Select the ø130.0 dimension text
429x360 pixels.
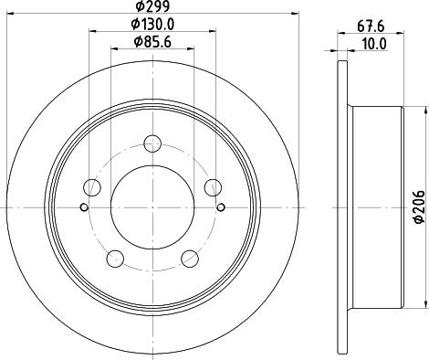[152, 25]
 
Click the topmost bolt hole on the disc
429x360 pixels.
[152, 143]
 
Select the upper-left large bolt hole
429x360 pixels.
[91, 187]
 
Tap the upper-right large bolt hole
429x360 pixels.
[212, 187]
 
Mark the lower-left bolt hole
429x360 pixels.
[114, 259]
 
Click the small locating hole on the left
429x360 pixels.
[83, 206]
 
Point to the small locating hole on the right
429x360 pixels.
[220, 206]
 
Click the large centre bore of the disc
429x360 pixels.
[152, 206]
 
